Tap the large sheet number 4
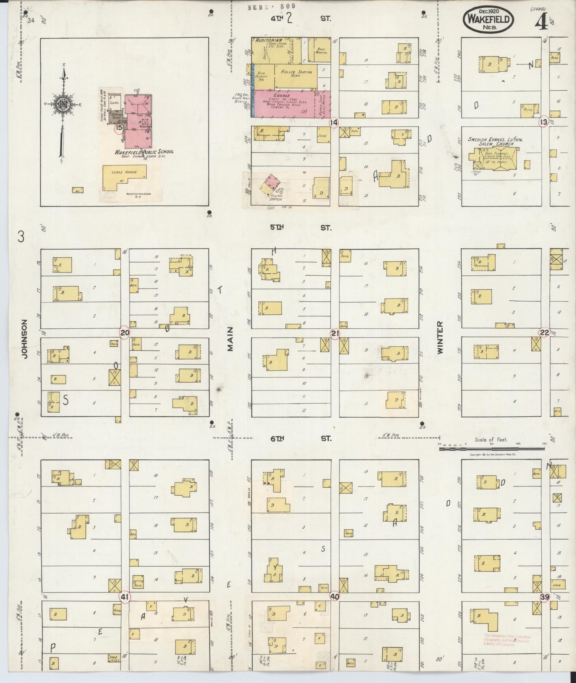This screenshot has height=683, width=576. point(541,24)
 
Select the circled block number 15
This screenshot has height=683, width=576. point(118,128)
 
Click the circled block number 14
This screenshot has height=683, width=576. point(333,123)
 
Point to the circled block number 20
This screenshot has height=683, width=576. point(125,333)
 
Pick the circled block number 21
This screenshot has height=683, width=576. point(334,333)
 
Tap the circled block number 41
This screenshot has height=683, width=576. point(125,597)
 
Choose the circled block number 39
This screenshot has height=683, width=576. point(545,597)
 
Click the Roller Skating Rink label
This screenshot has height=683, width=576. point(296,73)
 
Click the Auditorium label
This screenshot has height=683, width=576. point(269,40)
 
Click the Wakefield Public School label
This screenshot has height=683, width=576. point(144,152)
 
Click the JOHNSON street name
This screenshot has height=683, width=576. point(25,339)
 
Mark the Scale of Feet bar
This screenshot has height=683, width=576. point(491,449)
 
